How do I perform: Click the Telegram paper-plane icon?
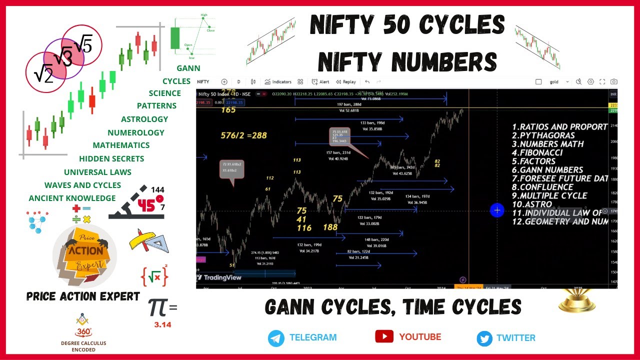(276, 338)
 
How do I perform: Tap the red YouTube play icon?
(384, 336)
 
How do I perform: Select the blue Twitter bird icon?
(484, 338)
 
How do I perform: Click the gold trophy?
(577, 300)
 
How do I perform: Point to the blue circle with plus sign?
(497, 210)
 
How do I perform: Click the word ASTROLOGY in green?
(144, 119)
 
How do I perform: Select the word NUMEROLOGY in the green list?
(135, 132)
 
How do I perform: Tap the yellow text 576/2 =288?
(244, 135)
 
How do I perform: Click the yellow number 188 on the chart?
(330, 227)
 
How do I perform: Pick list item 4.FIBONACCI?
(537, 152)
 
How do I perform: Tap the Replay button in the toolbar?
(346, 81)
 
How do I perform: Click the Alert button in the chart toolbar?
(320, 81)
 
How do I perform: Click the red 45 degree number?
(147, 205)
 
